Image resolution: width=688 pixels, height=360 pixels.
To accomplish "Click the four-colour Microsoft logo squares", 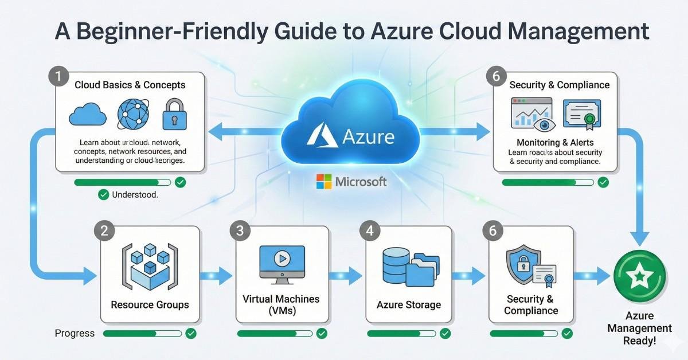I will click(x=323, y=182).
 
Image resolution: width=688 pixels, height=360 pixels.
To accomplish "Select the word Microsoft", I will click(x=361, y=182).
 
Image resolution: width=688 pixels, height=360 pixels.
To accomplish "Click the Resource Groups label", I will click(x=150, y=304).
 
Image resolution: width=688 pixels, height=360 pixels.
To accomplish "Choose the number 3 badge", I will click(x=240, y=230).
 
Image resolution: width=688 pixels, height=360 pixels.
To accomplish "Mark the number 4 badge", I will click(x=370, y=230).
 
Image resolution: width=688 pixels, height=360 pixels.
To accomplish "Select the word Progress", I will click(x=75, y=333).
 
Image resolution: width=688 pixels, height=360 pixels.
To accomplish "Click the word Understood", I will click(x=135, y=195).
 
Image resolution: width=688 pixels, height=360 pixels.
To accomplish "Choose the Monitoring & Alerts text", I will click(x=554, y=142).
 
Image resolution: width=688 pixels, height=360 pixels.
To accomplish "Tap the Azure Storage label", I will click(x=409, y=304).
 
